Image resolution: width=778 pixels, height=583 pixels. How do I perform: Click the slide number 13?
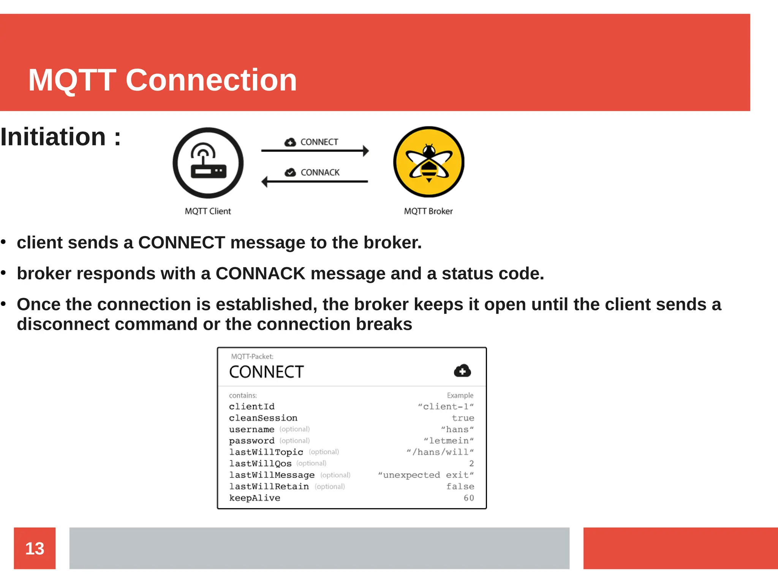(35, 548)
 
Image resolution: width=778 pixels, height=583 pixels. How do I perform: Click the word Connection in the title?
(211, 80)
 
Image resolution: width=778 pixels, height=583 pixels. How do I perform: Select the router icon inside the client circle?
(208, 162)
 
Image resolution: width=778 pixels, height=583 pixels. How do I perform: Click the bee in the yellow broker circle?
(429, 162)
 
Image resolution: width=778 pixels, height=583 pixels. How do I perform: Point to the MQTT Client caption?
(208, 211)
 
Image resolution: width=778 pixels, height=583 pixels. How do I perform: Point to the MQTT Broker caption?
(428, 211)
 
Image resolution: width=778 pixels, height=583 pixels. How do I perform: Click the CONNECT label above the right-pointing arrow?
(319, 142)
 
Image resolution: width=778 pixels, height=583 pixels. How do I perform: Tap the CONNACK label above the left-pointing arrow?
(320, 173)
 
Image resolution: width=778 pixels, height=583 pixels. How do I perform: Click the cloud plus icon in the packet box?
(462, 371)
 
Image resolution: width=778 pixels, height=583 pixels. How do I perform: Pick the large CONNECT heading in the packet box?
(266, 372)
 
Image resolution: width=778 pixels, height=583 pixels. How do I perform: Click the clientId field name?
(251, 407)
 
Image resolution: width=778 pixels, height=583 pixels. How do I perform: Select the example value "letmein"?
(449, 441)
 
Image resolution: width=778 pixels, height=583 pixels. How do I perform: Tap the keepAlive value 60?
(469, 498)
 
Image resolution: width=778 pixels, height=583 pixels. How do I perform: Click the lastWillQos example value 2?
(471, 463)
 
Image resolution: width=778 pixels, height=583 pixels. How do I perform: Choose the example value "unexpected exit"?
(426, 475)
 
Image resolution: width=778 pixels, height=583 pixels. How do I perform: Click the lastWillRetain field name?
(269, 487)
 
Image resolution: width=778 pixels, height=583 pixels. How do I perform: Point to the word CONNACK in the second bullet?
(260, 274)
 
